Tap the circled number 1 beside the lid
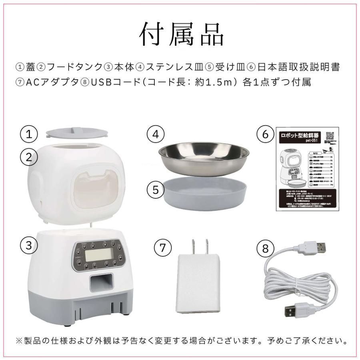[x=29, y=134]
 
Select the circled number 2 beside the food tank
[x=29, y=157]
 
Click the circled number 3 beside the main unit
[x=29, y=245]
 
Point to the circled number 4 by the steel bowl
[x=156, y=134]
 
